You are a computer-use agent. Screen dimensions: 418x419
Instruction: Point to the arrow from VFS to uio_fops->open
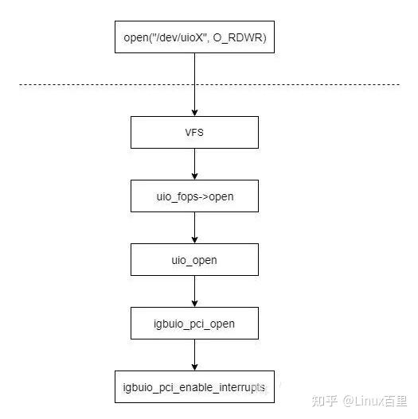[194, 164]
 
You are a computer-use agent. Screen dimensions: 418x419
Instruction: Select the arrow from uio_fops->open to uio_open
[194, 227]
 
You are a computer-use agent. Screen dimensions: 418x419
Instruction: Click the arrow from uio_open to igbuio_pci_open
[194, 291]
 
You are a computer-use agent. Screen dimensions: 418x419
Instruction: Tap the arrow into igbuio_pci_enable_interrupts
[194, 355]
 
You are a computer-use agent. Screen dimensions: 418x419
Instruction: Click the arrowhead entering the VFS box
[194, 113]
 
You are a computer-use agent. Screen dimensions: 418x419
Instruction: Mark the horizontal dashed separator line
[209, 85]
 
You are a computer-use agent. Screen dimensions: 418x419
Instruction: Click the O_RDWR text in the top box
[240, 37]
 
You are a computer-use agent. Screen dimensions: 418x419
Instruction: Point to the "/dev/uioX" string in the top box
[181, 37]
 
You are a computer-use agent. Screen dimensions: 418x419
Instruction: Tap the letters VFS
[194, 133]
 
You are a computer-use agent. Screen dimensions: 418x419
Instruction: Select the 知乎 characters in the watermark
[325, 401]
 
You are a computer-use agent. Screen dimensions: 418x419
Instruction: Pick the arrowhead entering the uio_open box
[194, 240]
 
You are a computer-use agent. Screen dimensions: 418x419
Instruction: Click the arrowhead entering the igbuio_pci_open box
[194, 304]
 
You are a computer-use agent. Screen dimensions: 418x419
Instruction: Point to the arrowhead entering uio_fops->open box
[194, 177]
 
